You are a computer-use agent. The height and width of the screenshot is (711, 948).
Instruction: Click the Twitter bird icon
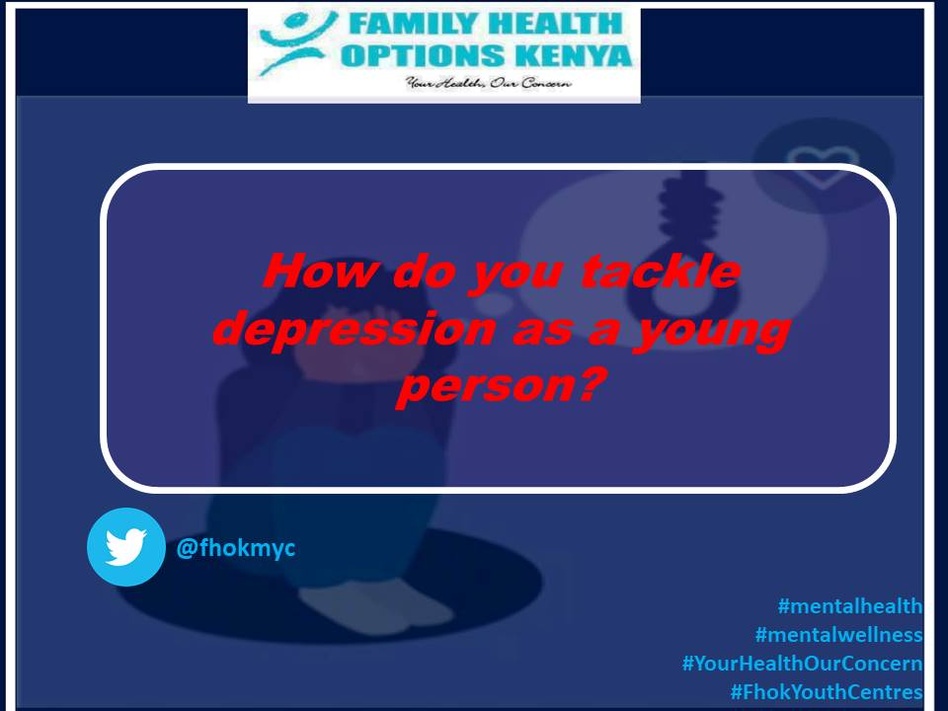pyautogui.click(x=125, y=546)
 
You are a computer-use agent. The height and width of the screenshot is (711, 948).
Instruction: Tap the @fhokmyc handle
pyautogui.click(x=235, y=546)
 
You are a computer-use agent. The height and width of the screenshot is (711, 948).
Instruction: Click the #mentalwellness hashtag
pyautogui.click(x=838, y=635)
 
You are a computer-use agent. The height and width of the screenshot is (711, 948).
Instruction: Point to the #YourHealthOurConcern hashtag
pyautogui.click(x=802, y=664)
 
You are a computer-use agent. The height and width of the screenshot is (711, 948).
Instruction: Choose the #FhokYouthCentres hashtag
pyautogui.click(x=826, y=692)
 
